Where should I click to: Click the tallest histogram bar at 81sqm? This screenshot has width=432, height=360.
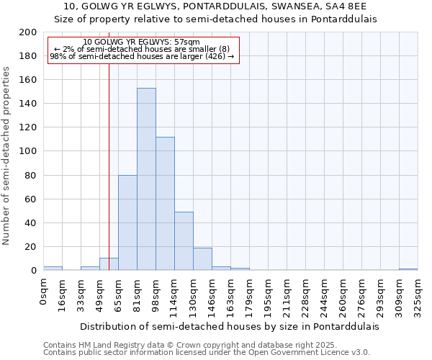146,179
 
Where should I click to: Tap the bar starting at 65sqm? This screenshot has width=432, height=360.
127,222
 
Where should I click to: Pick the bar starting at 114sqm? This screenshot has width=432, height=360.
184,241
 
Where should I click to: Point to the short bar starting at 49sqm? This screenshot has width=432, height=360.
109,264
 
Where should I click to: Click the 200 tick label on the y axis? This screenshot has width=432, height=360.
29,32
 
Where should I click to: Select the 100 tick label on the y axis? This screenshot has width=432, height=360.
29,151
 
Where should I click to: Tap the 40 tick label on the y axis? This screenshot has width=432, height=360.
32,222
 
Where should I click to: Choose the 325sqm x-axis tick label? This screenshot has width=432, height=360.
418,292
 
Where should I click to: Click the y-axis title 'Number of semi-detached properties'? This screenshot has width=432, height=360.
7,156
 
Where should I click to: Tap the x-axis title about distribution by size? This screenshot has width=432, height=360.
229,326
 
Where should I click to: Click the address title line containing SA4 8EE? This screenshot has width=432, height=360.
215,6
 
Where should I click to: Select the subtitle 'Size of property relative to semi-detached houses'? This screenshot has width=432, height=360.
215,19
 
